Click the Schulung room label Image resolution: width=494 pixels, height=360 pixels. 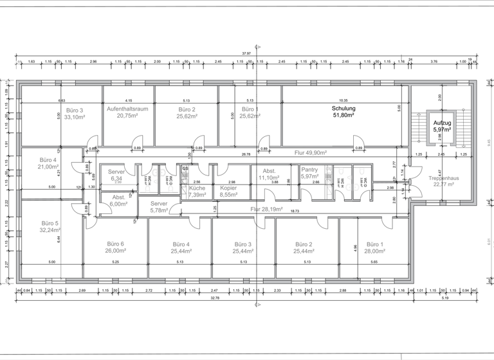coord(343,109)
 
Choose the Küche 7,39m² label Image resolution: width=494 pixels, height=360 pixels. coord(197,190)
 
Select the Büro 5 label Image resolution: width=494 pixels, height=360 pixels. coord(50,223)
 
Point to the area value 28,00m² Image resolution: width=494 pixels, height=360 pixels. coord(374,251)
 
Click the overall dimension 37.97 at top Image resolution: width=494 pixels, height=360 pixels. coord(246,53)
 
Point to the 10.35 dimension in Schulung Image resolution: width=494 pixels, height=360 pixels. coord(343,100)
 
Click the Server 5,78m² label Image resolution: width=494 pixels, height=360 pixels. coord(158,206)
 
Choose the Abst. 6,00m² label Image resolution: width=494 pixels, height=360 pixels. coord(119,200)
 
